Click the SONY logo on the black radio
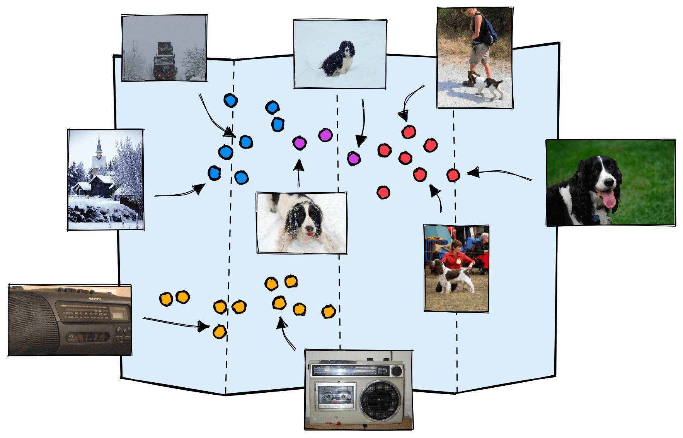click(95, 299)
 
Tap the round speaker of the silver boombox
click(380, 400)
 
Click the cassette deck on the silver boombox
click(335, 395)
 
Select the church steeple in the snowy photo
click(99, 145)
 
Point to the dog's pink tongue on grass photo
click(609, 200)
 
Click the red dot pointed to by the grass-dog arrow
click(453, 175)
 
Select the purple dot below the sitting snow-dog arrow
click(353, 159)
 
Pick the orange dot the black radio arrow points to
click(220, 332)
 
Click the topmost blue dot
click(230, 101)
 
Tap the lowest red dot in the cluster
click(383, 192)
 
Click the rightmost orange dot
click(329, 311)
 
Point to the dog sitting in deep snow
click(339, 60)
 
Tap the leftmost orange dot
click(166, 299)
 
